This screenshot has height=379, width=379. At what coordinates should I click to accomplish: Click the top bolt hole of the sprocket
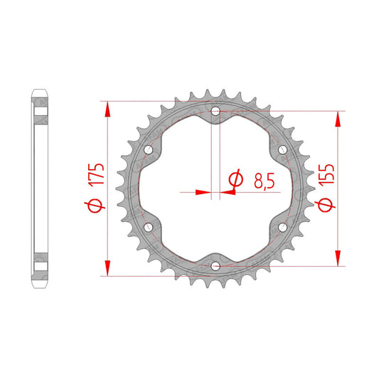215,112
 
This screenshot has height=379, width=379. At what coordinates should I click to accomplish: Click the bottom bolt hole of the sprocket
215,267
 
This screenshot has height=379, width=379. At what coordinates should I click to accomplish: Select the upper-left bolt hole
149,150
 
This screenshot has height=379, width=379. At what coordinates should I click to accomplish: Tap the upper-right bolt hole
282,150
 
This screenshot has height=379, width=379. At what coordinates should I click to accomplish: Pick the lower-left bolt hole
149,228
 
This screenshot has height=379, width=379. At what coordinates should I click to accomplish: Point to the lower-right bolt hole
282,228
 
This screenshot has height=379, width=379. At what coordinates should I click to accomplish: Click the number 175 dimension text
96,175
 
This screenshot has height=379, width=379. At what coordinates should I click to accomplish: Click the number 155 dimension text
326,175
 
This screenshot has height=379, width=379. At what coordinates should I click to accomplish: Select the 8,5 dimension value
265,181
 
